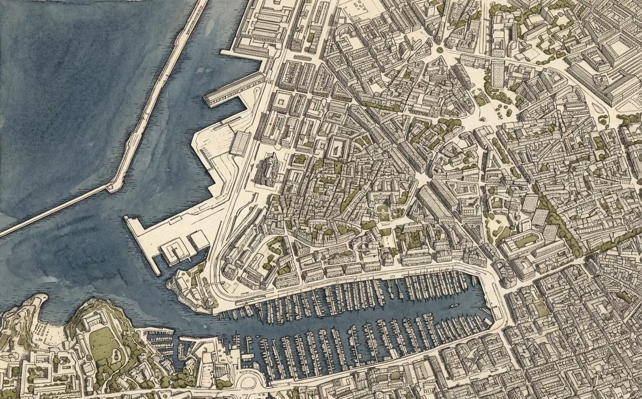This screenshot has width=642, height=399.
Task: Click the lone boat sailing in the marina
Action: pyautogui.click(x=454, y=306)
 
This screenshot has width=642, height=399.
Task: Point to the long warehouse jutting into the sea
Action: pyautogui.click(x=234, y=90)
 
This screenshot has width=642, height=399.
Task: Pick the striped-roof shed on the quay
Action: pyautogui.click(x=241, y=143)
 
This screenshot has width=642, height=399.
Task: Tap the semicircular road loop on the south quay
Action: pyautogui.click(x=247, y=380)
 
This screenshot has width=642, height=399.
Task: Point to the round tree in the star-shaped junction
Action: pyautogui.click(x=440, y=50)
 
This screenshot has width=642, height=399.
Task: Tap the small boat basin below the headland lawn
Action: pyautogui.click(x=160, y=341)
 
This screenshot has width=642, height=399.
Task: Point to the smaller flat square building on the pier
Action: pyautogui.click(x=199, y=241)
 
